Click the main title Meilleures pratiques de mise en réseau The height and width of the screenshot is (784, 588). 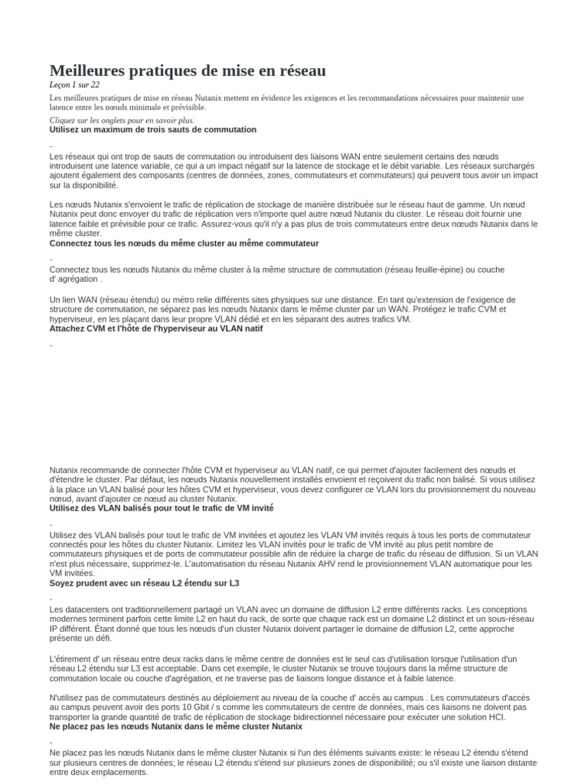[x=188, y=70]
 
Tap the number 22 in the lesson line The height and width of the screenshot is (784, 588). [x=95, y=85]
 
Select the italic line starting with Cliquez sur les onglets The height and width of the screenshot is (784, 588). [x=122, y=120]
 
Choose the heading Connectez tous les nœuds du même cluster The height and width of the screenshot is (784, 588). [x=184, y=243]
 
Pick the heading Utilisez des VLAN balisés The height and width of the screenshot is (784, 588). [x=162, y=508]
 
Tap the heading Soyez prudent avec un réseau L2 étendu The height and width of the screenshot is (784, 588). [x=145, y=583]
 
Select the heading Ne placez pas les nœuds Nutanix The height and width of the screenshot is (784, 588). [x=175, y=726]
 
